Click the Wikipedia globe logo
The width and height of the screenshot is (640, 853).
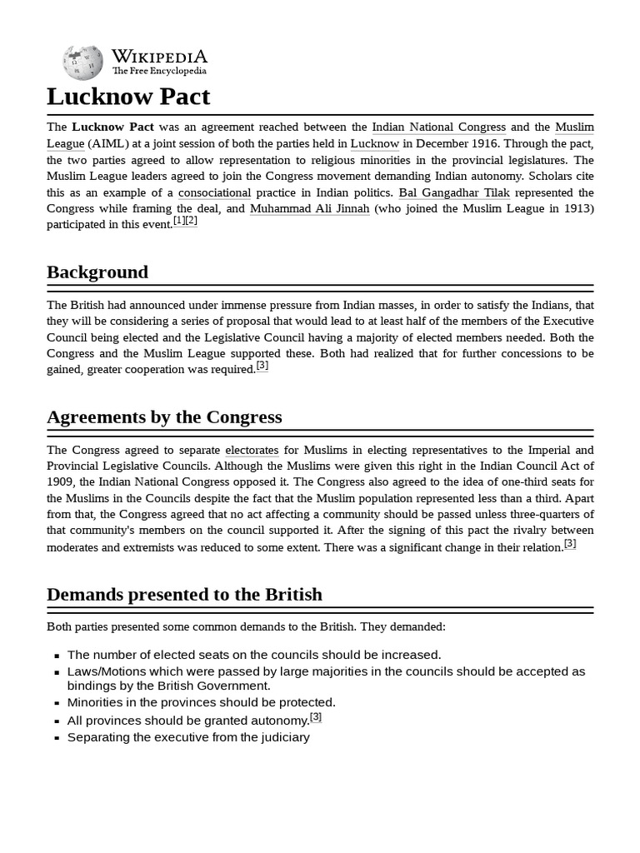[x=83, y=63]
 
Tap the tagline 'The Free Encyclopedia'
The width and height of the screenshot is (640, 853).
[x=159, y=72]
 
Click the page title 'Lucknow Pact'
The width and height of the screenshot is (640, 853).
[x=128, y=97]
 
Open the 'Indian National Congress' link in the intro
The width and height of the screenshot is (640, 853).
[x=438, y=127]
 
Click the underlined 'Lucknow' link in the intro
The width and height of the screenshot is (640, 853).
[x=374, y=143]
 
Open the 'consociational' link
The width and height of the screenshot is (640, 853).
[x=214, y=192]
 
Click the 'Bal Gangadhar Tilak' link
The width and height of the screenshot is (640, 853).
[x=454, y=192]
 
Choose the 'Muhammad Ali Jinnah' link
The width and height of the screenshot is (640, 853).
[x=309, y=208]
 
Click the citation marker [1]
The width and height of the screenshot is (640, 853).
[x=178, y=221]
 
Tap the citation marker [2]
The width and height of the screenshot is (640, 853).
[x=191, y=221]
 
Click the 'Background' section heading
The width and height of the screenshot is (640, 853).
[x=97, y=272]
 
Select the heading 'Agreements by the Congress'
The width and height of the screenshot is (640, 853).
[x=164, y=417]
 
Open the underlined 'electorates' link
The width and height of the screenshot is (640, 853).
[x=252, y=450]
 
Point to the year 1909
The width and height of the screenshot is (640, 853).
[x=62, y=481]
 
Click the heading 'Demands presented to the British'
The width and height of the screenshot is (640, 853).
[x=184, y=594]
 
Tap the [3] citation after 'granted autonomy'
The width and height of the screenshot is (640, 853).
[x=316, y=716]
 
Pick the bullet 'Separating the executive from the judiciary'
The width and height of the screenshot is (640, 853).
[x=188, y=737]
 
